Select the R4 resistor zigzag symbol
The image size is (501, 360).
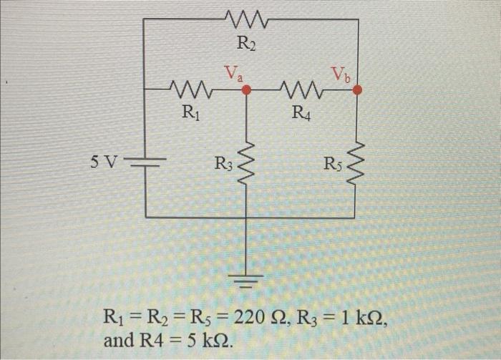(x=301, y=90)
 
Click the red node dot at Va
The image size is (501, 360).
(x=247, y=90)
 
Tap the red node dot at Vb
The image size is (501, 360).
(x=358, y=89)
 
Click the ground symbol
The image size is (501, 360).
(x=247, y=277)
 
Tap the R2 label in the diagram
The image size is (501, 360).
(x=246, y=44)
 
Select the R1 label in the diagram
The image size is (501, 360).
(x=190, y=111)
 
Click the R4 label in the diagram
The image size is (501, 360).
(x=301, y=111)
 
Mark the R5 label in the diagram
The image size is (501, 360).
(x=333, y=165)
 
